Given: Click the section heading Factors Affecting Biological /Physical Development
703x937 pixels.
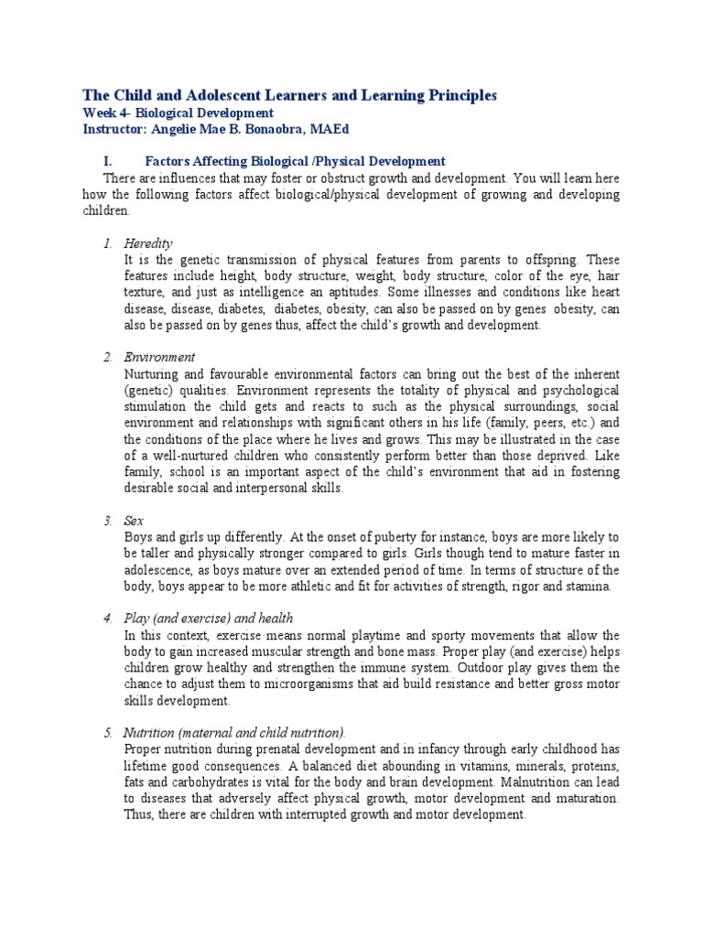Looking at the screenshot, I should (x=296, y=161).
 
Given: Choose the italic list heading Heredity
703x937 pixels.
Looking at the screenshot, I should (x=147, y=243).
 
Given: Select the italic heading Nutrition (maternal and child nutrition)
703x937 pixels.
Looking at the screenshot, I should (x=235, y=732).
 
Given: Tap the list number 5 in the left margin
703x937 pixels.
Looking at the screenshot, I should (x=108, y=732).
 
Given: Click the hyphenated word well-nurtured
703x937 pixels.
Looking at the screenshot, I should (x=185, y=456).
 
